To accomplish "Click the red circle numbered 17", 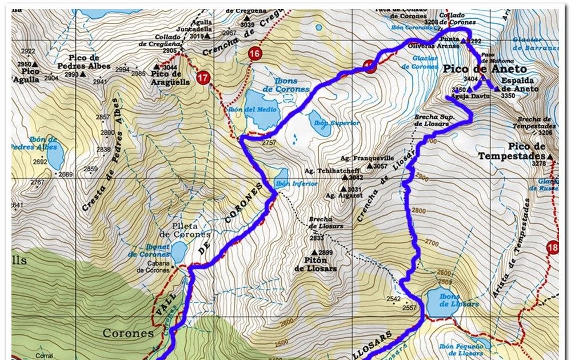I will tap(202, 78).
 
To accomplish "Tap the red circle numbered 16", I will tap(255, 54).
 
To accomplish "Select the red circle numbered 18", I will tap(552, 247).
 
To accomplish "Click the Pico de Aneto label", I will tap(485, 69).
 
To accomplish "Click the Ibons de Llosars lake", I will tap(441, 303).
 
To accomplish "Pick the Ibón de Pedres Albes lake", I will tap(55, 155).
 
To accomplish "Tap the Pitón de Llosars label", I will tap(315, 265).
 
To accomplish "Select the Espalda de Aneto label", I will tap(520, 85).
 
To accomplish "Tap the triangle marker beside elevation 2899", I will tap(314, 252).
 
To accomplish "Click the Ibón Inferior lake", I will tap(282, 174).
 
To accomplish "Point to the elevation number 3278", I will tap(539, 164).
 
